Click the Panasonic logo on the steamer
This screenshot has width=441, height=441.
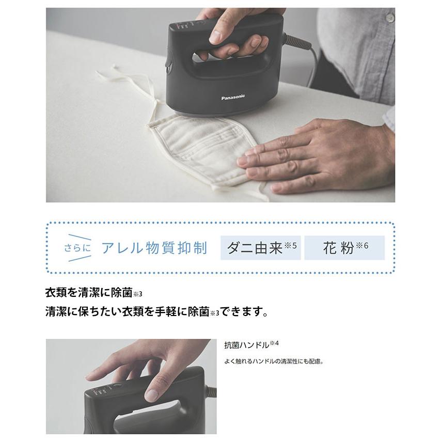(233, 97)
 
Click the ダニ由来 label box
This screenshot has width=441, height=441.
(260, 247)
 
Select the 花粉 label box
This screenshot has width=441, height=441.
(344, 247)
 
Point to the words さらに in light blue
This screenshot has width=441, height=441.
(77, 248)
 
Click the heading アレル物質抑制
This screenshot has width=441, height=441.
(154, 248)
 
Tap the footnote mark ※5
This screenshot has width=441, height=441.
(291, 245)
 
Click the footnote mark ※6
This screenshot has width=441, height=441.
(362, 245)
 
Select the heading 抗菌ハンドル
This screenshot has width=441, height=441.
(247, 345)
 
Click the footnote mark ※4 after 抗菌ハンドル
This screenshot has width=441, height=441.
(274, 343)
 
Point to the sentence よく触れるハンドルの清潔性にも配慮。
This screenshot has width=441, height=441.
(274, 361)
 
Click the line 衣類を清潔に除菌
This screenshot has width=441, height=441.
(89, 293)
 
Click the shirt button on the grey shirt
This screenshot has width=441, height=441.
(390, 18)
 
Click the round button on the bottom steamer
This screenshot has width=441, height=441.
(117, 387)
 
